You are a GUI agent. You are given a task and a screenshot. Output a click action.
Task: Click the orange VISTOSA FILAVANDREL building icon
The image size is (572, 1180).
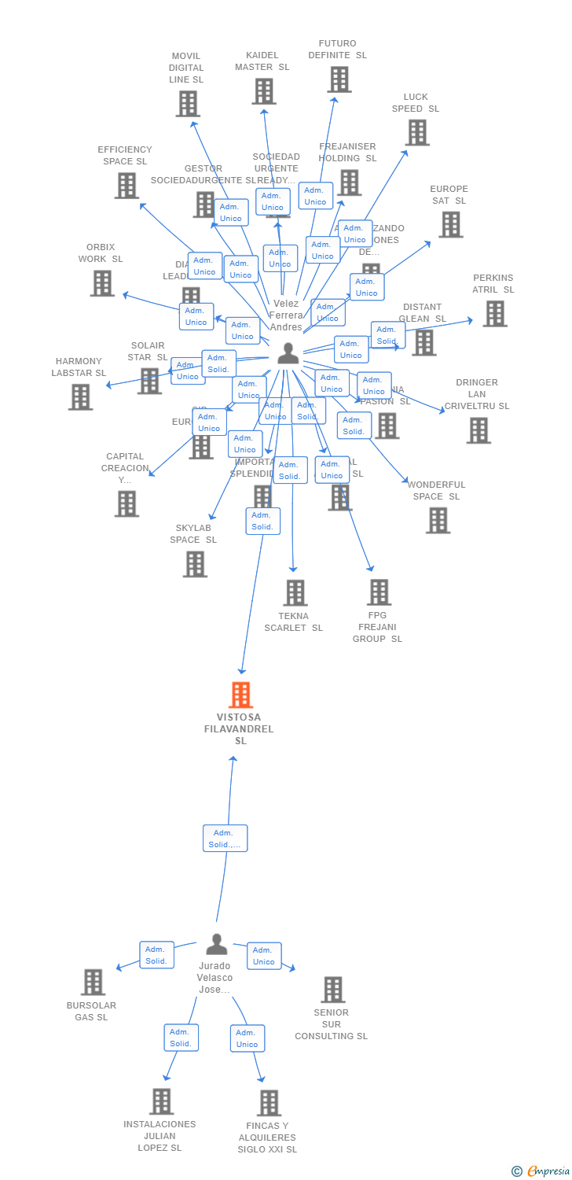tap(240, 695)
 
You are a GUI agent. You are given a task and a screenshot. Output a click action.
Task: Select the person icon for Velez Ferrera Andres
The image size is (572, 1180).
tap(288, 353)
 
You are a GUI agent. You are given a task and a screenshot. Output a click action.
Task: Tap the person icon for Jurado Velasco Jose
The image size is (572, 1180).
tap(216, 943)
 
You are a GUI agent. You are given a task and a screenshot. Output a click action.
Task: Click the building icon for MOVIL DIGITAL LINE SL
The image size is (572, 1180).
tap(187, 103)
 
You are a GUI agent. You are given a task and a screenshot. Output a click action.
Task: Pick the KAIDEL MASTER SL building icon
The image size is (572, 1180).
tap(263, 91)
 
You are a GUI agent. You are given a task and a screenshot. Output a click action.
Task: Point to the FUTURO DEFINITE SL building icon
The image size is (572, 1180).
tap(339, 79)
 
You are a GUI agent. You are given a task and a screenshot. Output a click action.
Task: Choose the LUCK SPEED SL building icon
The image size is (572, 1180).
tap(416, 132)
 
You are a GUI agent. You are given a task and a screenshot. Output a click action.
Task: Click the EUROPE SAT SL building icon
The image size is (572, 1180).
tap(450, 224)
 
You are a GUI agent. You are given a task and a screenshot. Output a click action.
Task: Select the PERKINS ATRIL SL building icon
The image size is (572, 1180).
tap(494, 313)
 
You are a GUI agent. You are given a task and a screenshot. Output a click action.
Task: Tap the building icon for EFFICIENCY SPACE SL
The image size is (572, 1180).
tap(126, 185)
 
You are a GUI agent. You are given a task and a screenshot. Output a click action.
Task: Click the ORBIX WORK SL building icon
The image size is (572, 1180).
tap(101, 282)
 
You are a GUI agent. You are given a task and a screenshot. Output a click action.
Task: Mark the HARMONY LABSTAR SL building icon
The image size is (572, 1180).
tap(79, 396)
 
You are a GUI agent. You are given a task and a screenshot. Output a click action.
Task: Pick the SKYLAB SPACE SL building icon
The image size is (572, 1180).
tap(195, 563)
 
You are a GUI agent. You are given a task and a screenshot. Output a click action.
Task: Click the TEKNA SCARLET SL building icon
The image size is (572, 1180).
tap(295, 592)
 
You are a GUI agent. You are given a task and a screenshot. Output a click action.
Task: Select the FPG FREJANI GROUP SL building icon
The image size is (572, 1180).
tap(379, 592)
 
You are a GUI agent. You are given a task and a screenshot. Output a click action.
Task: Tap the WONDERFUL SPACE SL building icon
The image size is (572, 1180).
tap(438, 520)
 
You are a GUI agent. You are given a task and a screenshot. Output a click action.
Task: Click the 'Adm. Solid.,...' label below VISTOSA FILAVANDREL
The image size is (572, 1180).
tap(225, 838)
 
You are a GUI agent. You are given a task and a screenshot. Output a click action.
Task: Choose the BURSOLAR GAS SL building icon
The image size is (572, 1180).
tap(93, 982)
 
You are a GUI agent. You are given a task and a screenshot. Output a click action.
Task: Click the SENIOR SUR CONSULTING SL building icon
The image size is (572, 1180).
tap(332, 989)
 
